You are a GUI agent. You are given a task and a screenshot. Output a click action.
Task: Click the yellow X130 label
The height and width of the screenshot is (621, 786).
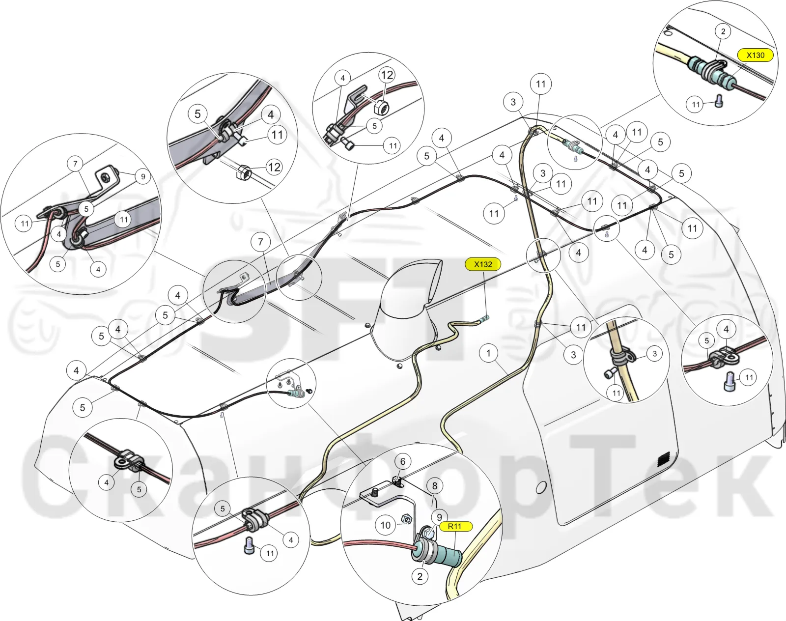pyautogui.click(x=756, y=55)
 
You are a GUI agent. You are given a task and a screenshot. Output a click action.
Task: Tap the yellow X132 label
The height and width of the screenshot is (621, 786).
pyautogui.click(x=483, y=264)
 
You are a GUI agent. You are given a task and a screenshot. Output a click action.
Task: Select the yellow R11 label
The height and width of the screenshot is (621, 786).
pyautogui.click(x=455, y=526)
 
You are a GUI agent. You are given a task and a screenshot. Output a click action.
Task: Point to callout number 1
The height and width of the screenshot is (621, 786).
pyautogui.click(x=489, y=353)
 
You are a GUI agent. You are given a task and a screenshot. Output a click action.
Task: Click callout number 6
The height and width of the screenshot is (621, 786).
pyautogui.click(x=403, y=462)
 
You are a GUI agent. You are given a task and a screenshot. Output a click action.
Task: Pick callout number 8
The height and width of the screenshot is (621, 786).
pyautogui.click(x=435, y=486)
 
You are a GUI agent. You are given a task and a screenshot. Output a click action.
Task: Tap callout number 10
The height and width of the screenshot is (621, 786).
pyautogui.click(x=386, y=525)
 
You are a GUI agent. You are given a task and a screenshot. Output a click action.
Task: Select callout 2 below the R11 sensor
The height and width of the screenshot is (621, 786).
pyautogui.click(x=420, y=576)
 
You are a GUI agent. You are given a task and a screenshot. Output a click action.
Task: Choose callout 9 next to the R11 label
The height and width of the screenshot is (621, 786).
pyautogui.click(x=439, y=517)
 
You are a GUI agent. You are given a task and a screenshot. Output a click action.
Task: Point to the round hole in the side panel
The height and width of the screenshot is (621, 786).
pyautogui.click(x=541, y=487)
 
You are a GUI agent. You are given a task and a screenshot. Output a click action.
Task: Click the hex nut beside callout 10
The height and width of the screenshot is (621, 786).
pyautogui.click(x=406, y=519)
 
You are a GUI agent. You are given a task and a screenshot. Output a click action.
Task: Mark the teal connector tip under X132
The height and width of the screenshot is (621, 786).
pyautogui.click(x=485, y=318)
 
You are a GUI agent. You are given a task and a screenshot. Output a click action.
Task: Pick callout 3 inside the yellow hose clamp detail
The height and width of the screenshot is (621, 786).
pyautogui.click(x=654, y=354)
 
